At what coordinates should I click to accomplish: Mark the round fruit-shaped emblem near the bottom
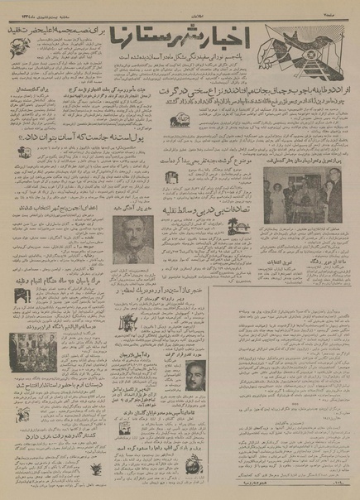click(x=193, y=464)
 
